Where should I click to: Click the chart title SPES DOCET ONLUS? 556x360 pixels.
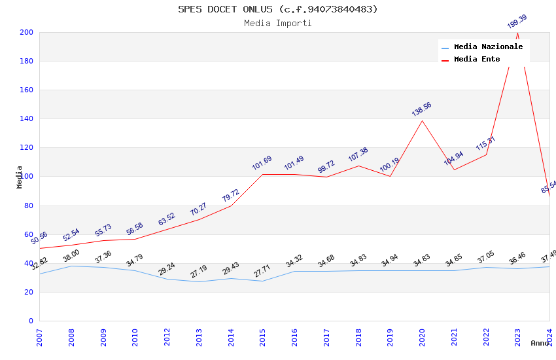(277, 9)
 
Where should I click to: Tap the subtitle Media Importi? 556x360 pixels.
(277, 24)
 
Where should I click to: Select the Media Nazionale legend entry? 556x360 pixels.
(488, 47)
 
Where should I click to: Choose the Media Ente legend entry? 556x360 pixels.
(477, 60)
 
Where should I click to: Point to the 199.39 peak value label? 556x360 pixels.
(517, 22)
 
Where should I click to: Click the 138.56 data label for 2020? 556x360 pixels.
(422, 109)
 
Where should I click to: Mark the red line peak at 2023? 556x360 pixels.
(518, 33)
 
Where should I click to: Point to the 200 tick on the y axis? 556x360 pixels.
(26, 32)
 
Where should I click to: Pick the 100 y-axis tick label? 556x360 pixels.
(26, 177)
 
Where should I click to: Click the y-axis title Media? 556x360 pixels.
(20, 177)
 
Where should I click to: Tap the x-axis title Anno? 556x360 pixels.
(540, 343)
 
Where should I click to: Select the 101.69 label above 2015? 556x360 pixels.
(262, 163)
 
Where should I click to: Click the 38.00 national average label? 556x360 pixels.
(71, 255)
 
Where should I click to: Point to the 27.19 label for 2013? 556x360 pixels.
(199, 271)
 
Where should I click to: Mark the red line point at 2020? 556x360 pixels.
(422, 120)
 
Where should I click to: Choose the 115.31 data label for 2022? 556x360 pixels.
(485, 143)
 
